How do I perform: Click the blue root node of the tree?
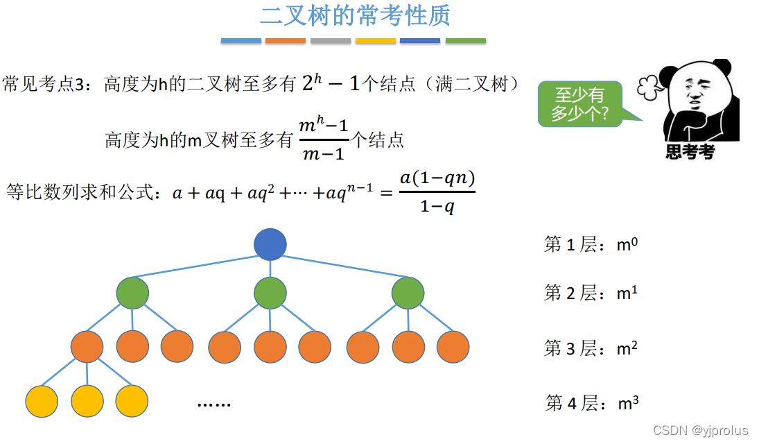pos(270,244)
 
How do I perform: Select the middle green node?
pos(270,293)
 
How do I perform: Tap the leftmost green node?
pos(132,293)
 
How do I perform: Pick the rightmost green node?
pos(408,293)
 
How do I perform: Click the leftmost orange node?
pos(87,347)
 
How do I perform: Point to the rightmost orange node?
pos(453,347)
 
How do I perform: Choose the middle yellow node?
pos(87,401)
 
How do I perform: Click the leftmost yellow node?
pos(42,401)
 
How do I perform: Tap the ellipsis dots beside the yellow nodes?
pos(213,404)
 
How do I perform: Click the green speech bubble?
pos(579,105)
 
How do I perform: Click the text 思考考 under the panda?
pos(690,152)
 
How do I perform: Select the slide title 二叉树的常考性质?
pos(355,15)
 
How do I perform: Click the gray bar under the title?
pos(331,41)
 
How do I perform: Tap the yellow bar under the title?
pos(376,41)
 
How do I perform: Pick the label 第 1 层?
pos(570,245)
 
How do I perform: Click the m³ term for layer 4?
pos(627,403)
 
